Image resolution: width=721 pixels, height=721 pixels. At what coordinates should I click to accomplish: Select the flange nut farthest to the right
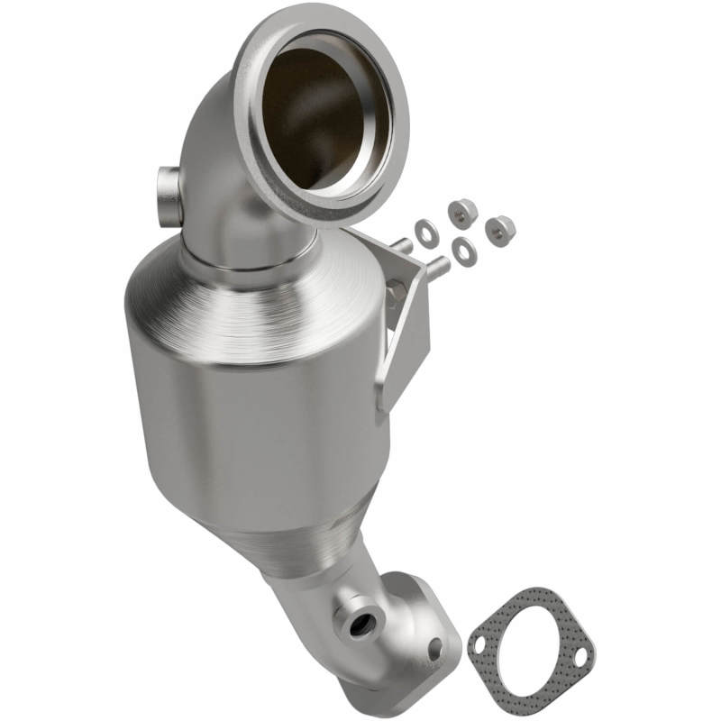[498, 230]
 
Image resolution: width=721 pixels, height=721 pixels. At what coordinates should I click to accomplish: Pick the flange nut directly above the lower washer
[461, 213]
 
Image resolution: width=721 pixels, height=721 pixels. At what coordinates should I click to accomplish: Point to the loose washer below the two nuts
[464, 252]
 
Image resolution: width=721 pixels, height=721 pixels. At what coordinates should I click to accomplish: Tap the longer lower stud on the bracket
[436, 265]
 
